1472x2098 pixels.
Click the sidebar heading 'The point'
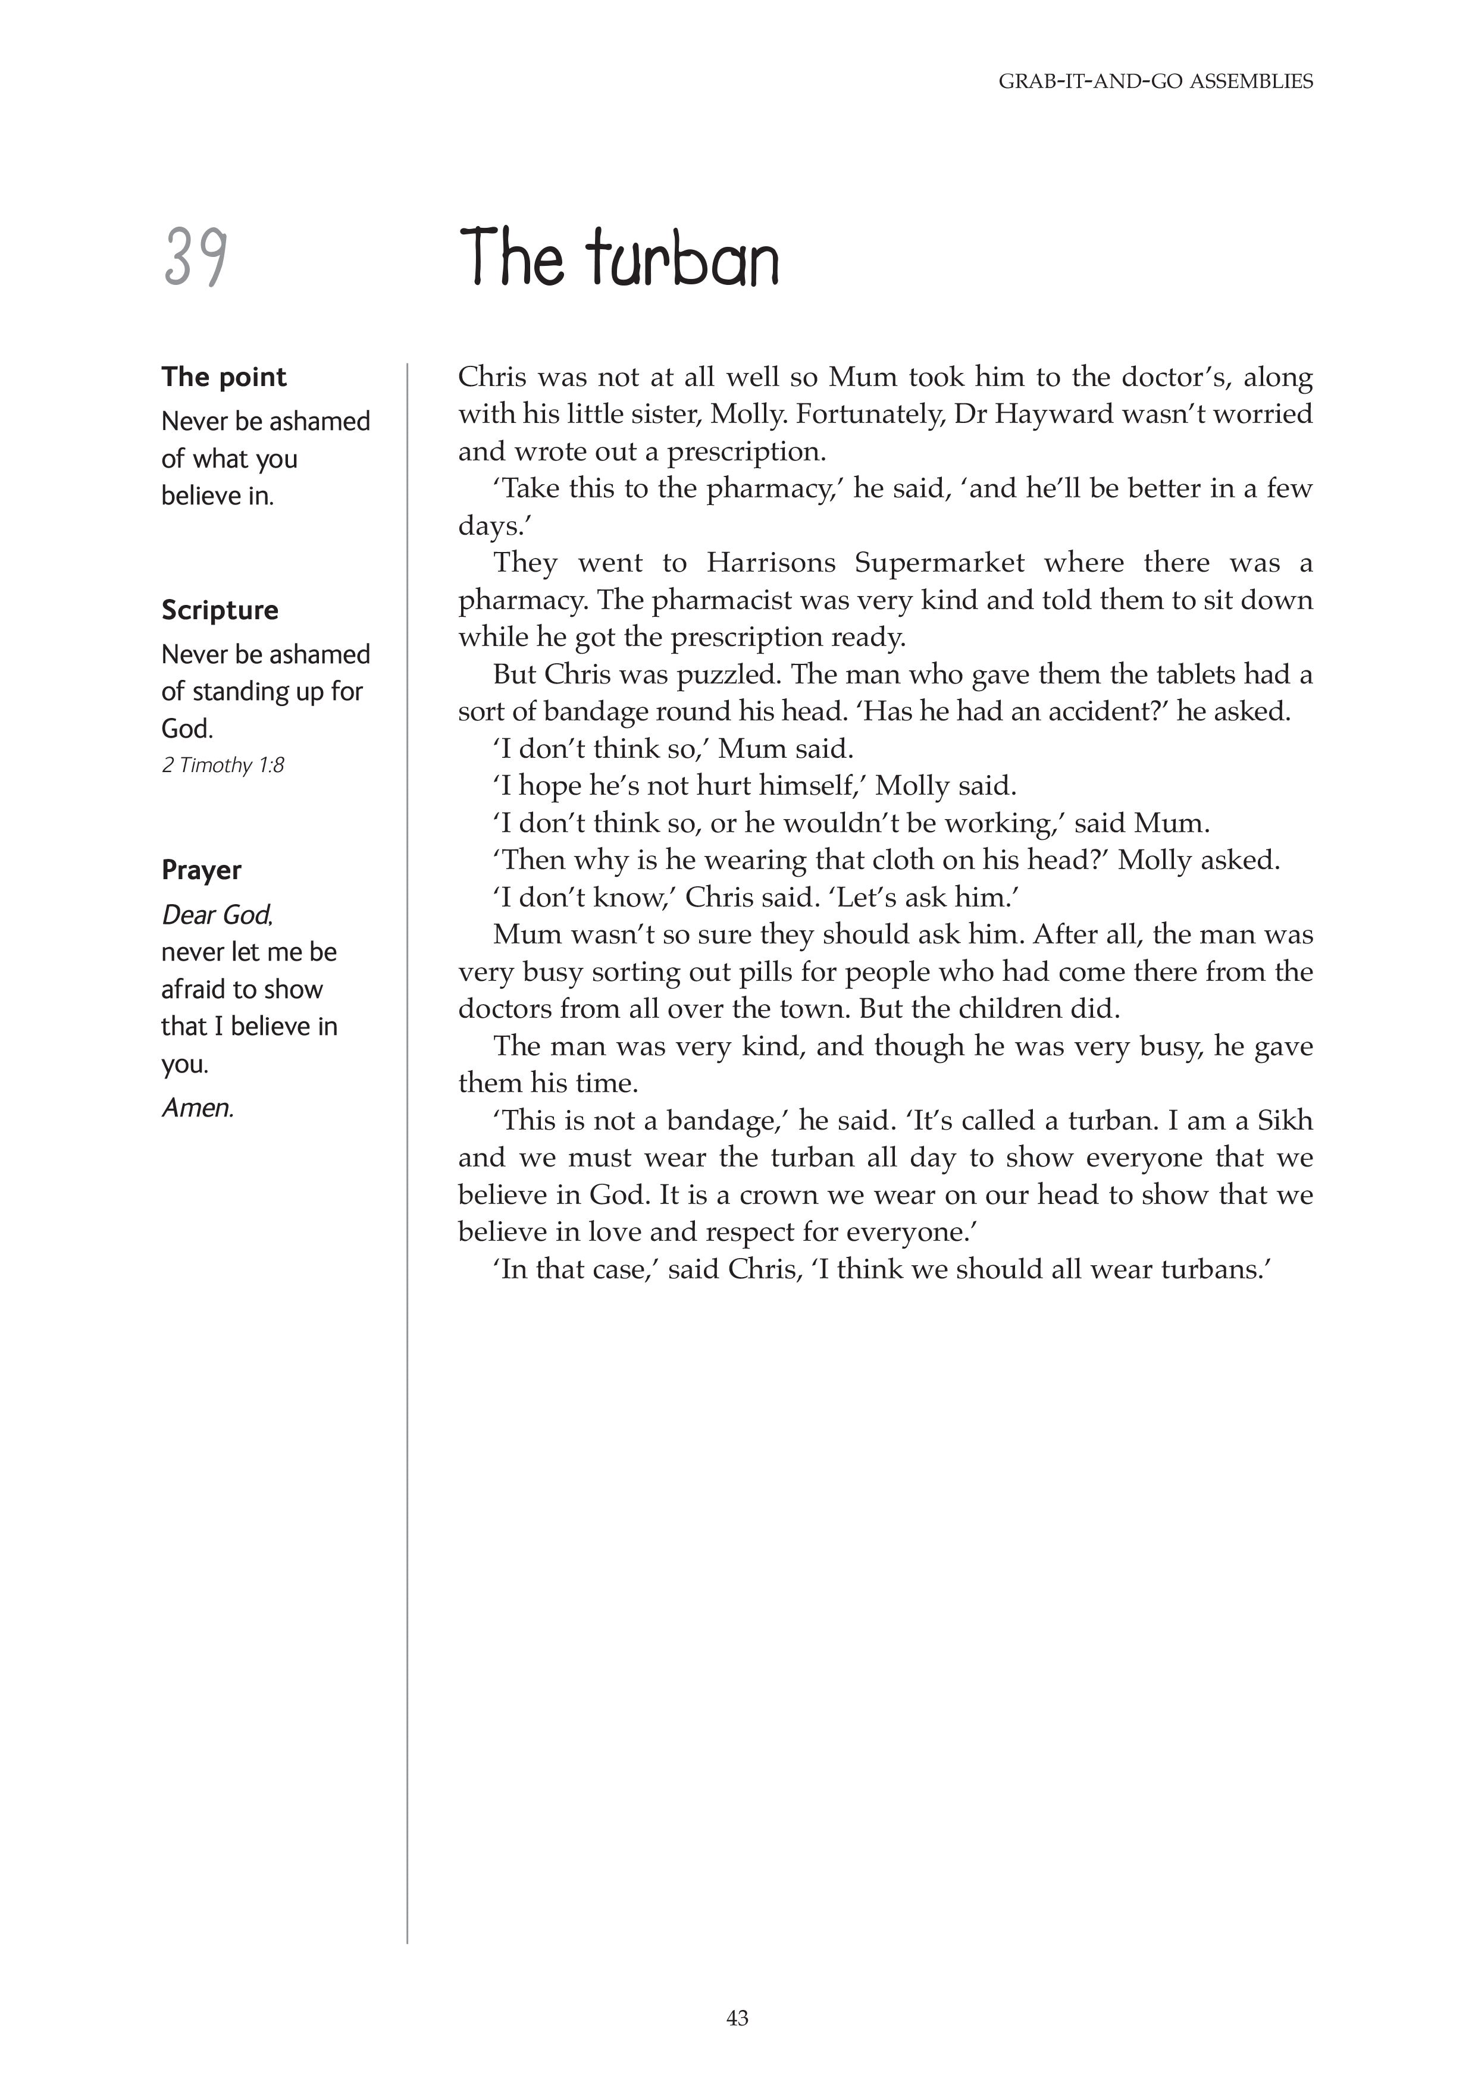tap(224, 377)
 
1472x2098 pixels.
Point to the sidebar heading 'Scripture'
tap(220, 610)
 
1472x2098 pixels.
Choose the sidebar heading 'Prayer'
tap(201, 870)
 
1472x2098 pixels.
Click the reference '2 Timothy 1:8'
tap(223, 765)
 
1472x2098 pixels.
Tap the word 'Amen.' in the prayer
tap(198, 1108)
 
